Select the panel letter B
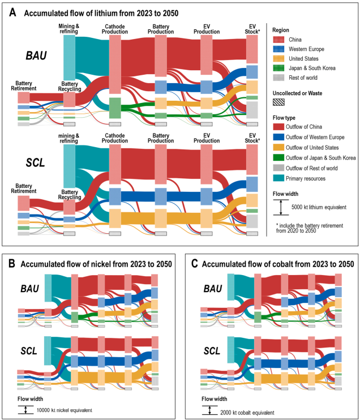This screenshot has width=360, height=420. (11, 265)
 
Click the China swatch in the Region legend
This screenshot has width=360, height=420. (278, 40)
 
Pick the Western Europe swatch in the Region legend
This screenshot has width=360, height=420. (278, 49)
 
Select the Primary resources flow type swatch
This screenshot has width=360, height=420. (279, 179)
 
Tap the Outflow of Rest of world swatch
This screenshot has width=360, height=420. (279, 168)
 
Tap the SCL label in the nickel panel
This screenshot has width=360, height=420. (27, 351)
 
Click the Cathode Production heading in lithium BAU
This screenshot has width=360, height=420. (115, 29)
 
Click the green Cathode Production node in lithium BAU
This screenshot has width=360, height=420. (115, 108)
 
